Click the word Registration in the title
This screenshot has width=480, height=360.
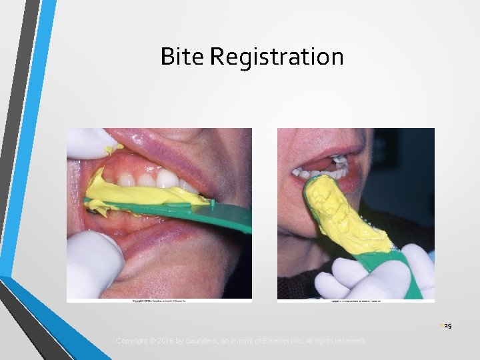click(x=277, y=59)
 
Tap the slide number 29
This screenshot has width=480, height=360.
click(x=448, y=326)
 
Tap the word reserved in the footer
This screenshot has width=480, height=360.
click(x=350, y=341)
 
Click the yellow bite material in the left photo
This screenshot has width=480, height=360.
click(x=143, y=193)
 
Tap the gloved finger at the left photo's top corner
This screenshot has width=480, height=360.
click(x=87, y=141)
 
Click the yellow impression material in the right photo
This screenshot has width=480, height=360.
click(x=340, y=213)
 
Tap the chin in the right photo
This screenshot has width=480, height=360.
click(x=300, y=230)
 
